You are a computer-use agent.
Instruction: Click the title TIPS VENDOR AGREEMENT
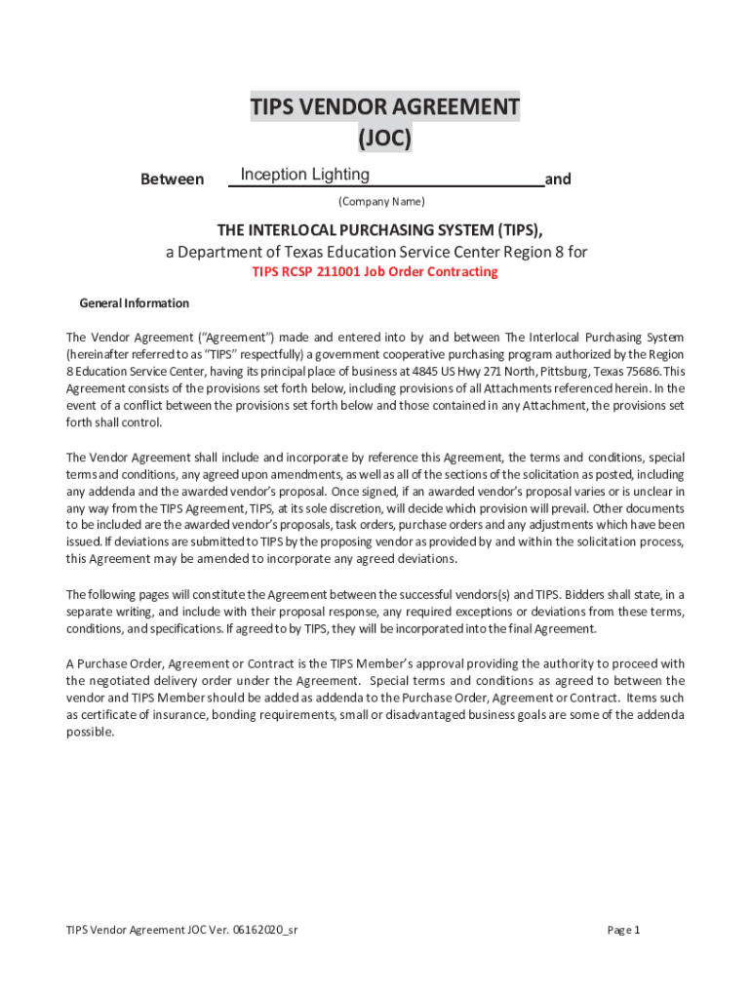coord(384,106)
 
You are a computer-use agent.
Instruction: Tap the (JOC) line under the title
coord(384,139)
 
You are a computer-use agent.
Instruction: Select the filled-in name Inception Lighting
coord(304,175)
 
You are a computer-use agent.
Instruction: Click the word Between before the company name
coord(173,180)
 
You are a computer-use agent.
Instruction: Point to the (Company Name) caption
coord(380,202)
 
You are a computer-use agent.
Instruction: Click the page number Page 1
coord(623,930)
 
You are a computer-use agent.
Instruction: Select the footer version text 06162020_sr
coord(264,930)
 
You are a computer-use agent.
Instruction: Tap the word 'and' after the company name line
coord(558,180)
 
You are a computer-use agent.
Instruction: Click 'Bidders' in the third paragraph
coord(582,594)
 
